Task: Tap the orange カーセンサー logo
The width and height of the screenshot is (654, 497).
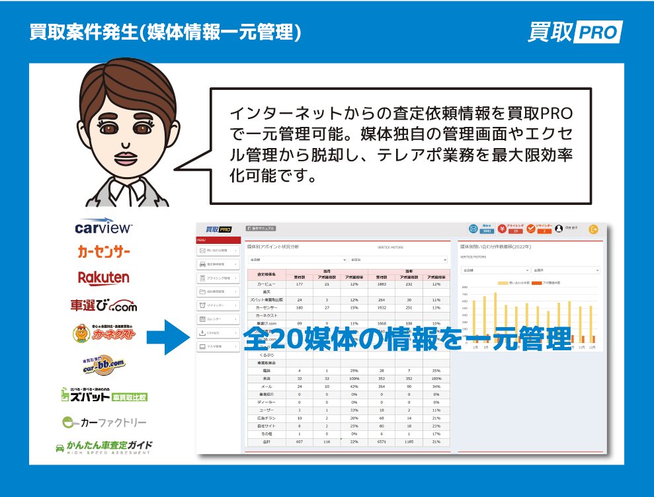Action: pos(103,252)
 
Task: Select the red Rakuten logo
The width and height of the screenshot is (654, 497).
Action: pos(103,278)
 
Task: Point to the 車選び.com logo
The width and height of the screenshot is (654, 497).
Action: pos(104,305)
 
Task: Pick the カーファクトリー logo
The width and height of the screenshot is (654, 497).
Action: pos(104,422)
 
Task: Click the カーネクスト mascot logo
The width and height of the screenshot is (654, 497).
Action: pos(104,334)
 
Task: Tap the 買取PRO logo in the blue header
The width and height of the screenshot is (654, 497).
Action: pos(575,32)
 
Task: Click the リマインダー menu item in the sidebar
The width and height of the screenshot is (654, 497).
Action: pos(219,305)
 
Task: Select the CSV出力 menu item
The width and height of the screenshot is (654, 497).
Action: pos(219,332)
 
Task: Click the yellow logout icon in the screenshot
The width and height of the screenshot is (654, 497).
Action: pos(593,229)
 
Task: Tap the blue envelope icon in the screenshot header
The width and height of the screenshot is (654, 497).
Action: pos(473,229)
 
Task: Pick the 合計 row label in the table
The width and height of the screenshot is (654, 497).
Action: pos(266,440)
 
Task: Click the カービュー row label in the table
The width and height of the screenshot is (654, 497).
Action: pos(266,284)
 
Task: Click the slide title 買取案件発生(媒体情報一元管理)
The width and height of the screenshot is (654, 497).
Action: pos(165,32)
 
